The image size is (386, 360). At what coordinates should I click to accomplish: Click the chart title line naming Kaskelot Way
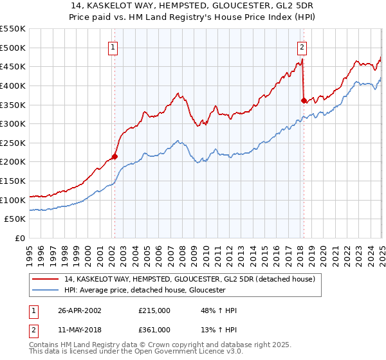coord(193,6)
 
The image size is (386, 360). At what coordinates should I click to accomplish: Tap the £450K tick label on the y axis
coord(14,66)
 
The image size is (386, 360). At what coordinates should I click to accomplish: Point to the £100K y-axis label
coord(14,200)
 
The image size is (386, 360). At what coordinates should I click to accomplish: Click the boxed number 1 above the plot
coord(113,46)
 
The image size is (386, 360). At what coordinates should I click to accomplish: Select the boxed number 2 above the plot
coord(302,46)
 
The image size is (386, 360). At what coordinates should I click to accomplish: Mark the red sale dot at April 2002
coord(115,156)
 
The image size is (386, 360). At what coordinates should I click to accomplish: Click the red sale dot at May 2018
coord(303,100)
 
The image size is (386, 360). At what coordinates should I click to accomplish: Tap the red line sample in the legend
coord(46,279)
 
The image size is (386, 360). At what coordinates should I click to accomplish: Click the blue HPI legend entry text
coord(144,290)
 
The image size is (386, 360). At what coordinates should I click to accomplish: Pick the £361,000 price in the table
coord(154,330)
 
